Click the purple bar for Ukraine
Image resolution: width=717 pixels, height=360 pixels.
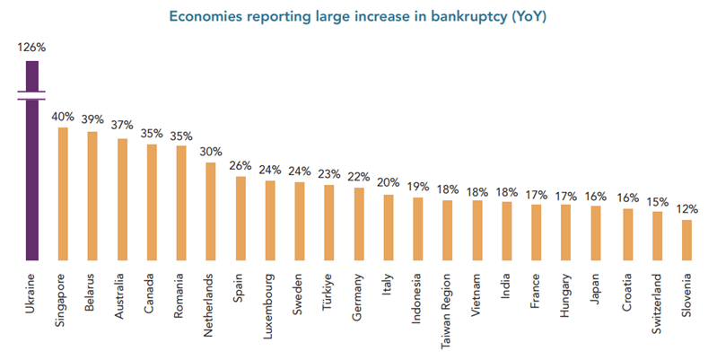point(31,180)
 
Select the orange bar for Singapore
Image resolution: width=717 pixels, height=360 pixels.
point(62,194)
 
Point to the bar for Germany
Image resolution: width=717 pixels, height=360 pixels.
point(359,224)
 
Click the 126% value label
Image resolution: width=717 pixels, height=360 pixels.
point(31,48)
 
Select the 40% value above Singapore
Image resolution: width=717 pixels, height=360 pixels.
point(62,116)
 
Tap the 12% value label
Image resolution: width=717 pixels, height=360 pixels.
point(686,208)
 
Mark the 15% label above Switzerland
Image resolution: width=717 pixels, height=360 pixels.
point(657,200)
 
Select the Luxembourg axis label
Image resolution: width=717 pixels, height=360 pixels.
point(269,302)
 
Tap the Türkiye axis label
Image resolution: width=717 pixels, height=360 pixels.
point(329,292)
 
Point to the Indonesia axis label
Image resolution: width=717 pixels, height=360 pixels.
point(418,297)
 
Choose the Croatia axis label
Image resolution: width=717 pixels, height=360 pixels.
point(627,291)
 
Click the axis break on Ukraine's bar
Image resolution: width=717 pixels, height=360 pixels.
point(31,94)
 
